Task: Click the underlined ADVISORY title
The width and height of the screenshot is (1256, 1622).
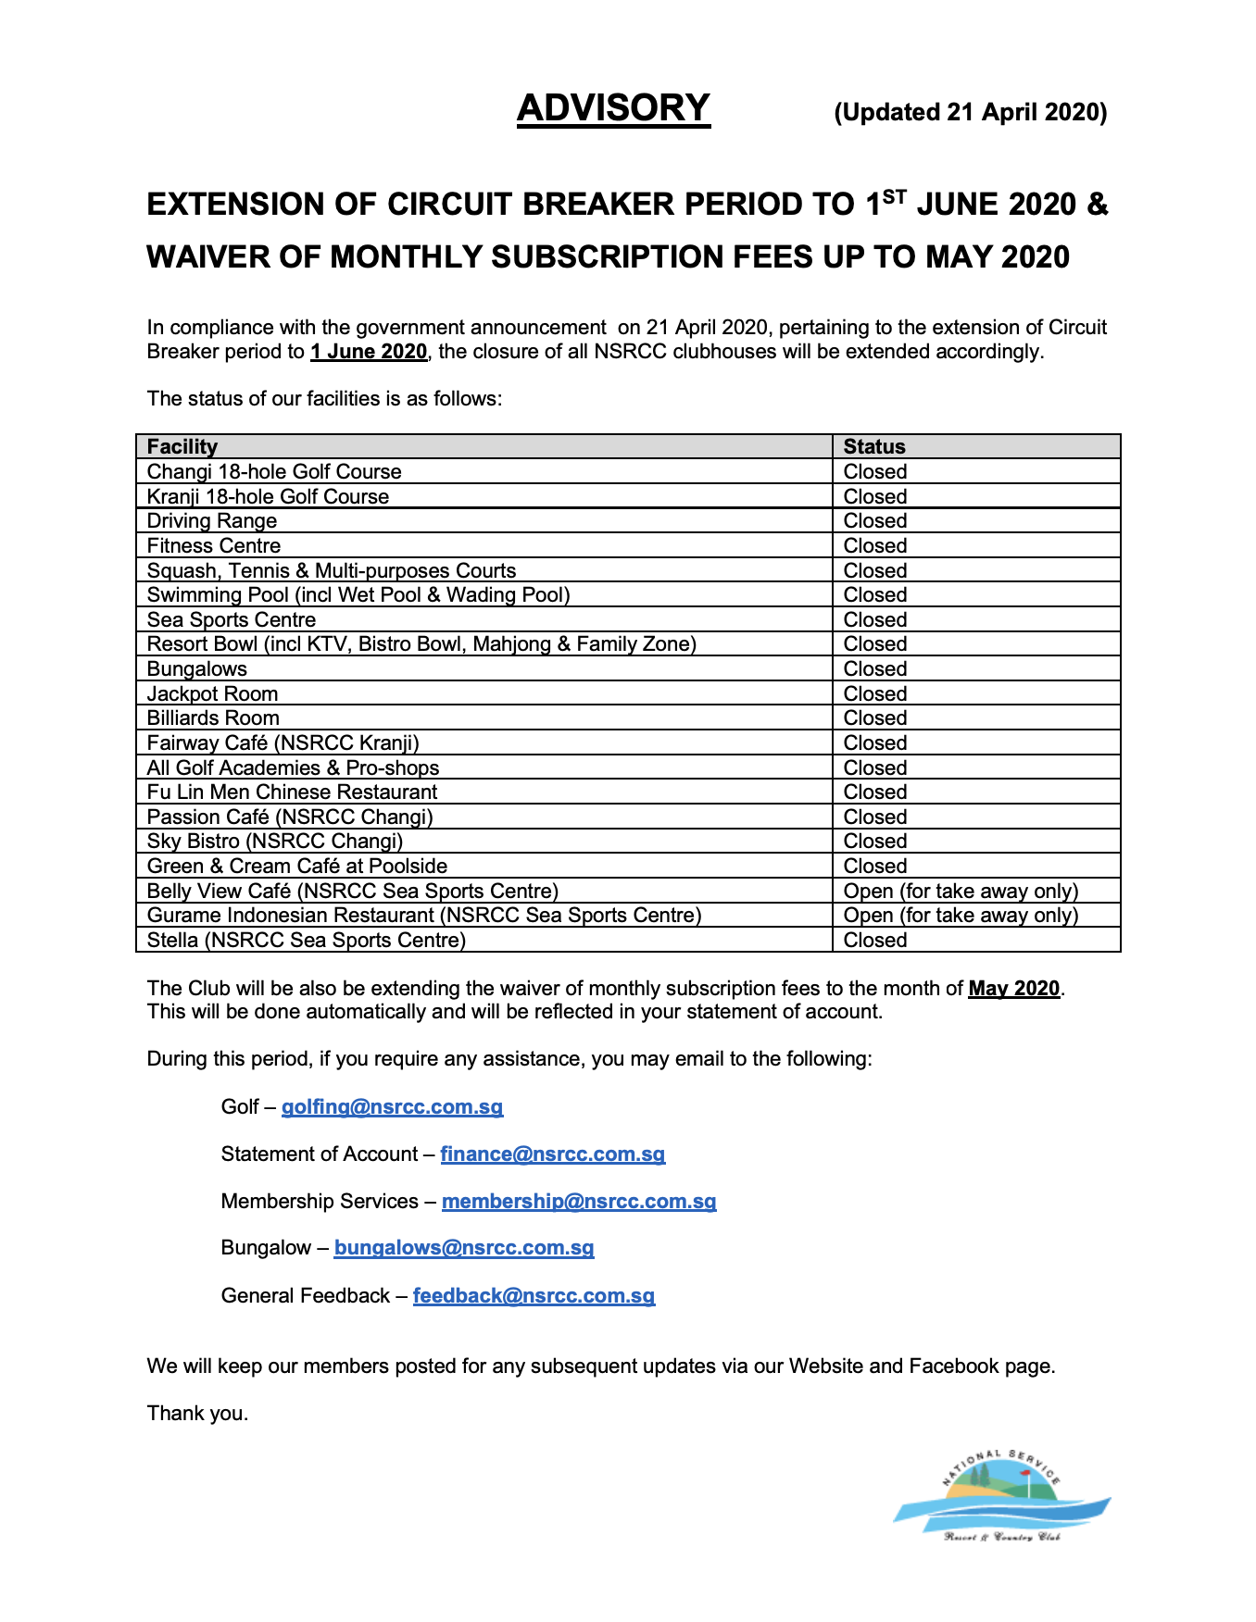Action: point(613,108)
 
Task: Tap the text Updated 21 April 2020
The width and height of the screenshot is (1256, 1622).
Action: point(970,112)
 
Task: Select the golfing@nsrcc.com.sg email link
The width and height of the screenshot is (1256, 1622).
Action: point(392,1106)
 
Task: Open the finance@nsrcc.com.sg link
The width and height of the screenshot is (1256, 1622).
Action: point(552,1154)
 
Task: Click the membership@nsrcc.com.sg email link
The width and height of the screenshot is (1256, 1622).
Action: point(579,1201)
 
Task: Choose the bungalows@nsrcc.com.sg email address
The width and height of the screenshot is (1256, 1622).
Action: point(463,1247)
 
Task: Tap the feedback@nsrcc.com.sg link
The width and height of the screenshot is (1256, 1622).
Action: point(534,1295)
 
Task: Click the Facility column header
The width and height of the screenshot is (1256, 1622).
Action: point(182,446)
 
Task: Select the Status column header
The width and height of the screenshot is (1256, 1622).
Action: point(874,446)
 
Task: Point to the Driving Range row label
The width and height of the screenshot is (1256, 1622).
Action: point(212,520)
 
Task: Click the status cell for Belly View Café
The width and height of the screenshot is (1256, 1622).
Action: point(961,891)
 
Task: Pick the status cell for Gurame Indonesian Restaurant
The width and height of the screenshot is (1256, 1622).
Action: point(961,915)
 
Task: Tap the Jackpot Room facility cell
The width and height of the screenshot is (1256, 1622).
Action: point(212,693)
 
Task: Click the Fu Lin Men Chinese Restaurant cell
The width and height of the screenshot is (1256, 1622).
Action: point(292,792)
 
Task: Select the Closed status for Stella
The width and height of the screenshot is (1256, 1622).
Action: point(874,940)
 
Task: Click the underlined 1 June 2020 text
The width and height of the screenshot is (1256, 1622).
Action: point(369,352)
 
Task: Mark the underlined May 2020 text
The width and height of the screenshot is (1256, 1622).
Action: point(1013,988)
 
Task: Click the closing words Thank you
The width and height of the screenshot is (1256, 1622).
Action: point(197,1413)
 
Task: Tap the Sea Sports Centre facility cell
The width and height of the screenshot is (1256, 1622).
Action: point(232,619)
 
